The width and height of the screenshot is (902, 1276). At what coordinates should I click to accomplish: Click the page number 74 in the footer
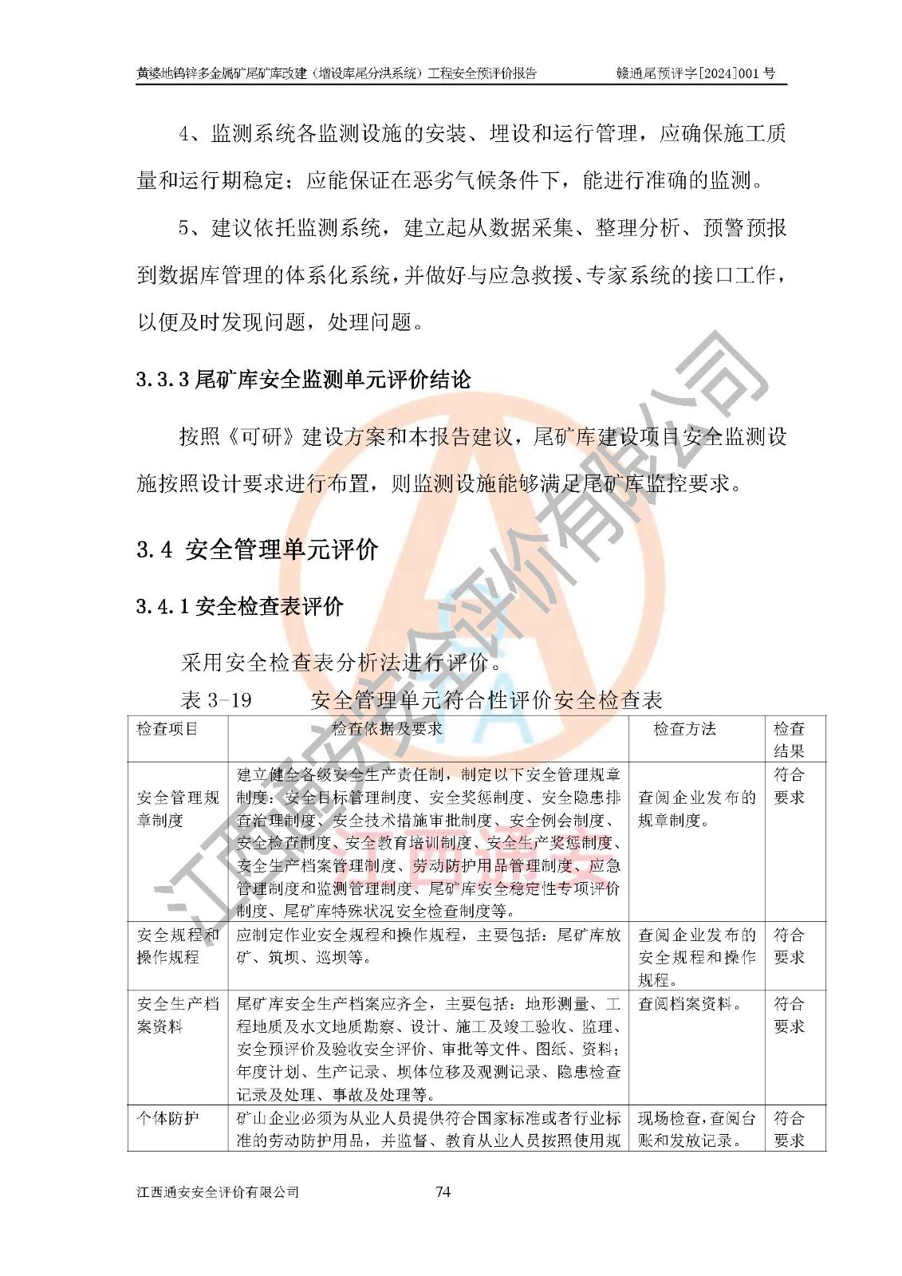443,1191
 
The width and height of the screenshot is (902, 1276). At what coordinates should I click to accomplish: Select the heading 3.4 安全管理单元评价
257,549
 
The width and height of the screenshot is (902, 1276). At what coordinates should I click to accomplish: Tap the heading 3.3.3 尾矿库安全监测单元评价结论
303,380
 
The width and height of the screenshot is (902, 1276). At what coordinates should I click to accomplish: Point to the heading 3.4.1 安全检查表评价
239,607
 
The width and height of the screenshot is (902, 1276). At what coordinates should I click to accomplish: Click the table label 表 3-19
216,700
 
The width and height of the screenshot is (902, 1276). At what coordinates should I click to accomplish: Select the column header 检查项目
167,729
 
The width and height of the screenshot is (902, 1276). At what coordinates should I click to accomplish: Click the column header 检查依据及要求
387,729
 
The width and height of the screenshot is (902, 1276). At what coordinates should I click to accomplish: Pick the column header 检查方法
684,729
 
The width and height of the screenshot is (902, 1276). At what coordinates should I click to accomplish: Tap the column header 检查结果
789,739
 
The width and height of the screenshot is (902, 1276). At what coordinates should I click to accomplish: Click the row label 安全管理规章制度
177,809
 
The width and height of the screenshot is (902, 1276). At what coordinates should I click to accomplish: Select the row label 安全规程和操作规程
177,946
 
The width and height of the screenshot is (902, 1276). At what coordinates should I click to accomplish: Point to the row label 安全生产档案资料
177,1015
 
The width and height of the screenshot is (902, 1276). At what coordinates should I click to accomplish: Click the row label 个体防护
167,1118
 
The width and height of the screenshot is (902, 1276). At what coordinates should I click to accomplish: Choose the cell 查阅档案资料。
689,1004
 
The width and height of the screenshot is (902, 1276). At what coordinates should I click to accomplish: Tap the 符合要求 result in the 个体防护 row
789,1129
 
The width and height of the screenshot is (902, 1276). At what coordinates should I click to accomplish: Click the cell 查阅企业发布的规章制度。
696,809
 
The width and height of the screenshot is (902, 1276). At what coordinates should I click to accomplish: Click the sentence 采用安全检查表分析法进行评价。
341,662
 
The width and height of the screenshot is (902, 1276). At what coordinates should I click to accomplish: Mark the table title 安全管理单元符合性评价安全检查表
486,700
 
